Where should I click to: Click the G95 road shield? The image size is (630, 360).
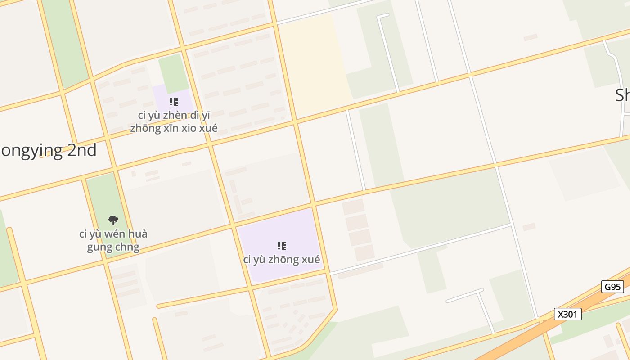[x=612, y=287]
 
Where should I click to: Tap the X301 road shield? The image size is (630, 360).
[x=567, y=314]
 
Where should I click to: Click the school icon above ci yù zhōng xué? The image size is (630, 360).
[x=282, y=246]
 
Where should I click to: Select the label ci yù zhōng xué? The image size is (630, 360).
[x=282, y=260]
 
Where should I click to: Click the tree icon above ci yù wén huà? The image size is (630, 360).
[x=113, y=220]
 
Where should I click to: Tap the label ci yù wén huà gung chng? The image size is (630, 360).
[x=113, y=241]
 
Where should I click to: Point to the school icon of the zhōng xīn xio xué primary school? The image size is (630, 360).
[x=174, y=102]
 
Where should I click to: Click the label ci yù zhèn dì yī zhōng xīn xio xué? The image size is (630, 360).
[x=174, y=121]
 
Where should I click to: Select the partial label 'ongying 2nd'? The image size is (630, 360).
[x=49, y=150]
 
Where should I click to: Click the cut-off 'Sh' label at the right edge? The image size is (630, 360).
[x=622, y=95]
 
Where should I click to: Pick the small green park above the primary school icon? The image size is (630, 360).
[x=173, y=72]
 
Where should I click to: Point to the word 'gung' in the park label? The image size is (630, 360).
[x=99, y=247]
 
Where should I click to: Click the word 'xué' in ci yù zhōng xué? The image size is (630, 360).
[x=310, y=260]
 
